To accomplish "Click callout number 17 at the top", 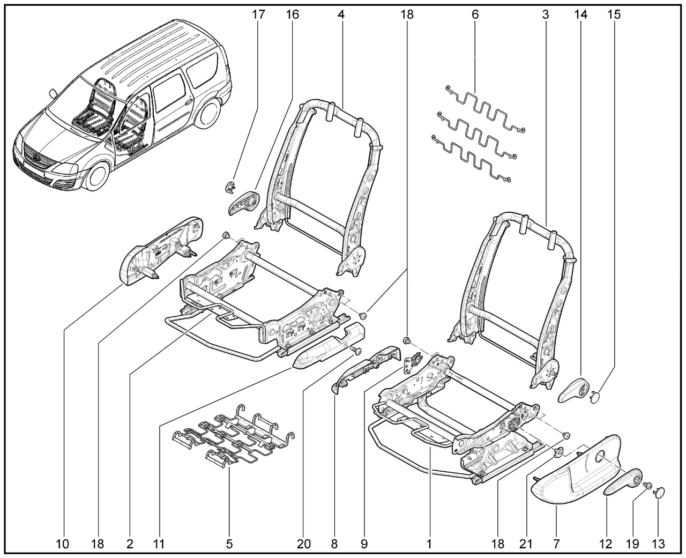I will tap(258, 14).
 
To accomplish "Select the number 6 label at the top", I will tap(475, 14).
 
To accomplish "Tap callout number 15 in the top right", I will tap(614, 14).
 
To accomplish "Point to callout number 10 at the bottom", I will tap(63, 544).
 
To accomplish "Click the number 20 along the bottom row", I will tap(304, 544).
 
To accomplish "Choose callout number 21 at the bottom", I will tap(526, 544).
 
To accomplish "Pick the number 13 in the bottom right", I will tap(659, 544).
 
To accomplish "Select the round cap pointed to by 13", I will tap(659, 490).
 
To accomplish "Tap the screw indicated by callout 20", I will tap(356, 351).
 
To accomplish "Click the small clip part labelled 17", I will tap(229, 188).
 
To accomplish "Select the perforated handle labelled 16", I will tap(244, 202).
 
